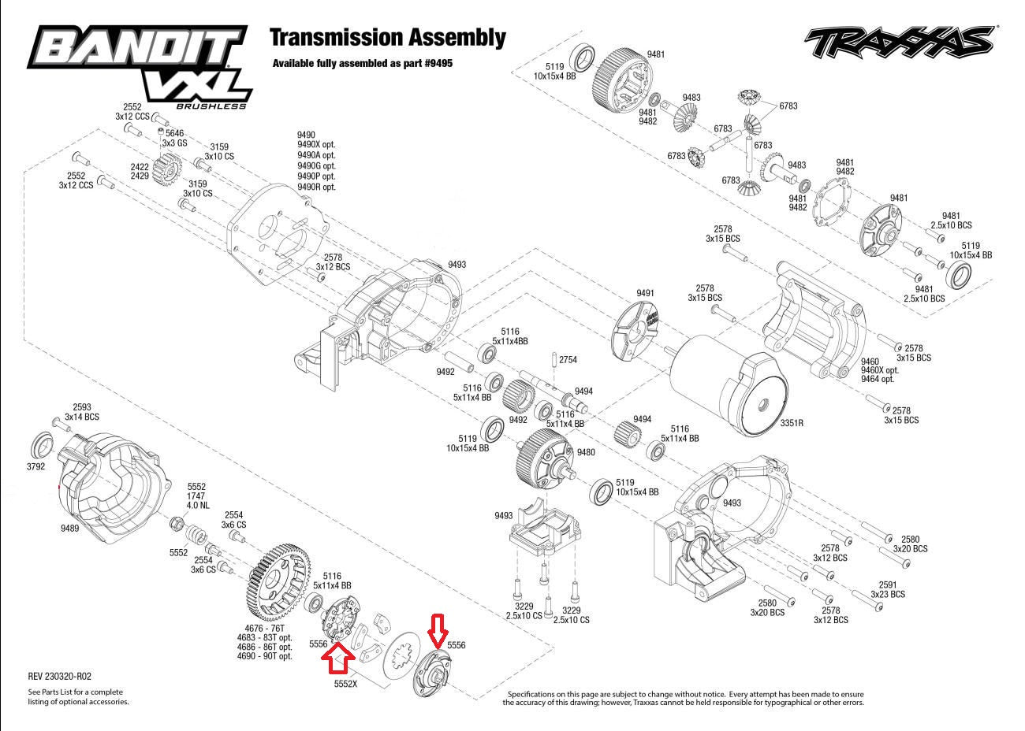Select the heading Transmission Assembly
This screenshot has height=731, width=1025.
(x=387, y=37)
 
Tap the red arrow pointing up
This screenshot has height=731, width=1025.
(x=340, y=657)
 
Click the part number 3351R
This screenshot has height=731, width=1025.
(x=791, y=423)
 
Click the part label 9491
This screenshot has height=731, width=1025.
(x=645, y=293)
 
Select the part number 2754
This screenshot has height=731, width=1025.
(x=568, y=360)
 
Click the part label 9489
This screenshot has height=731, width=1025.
(x=69, y=528)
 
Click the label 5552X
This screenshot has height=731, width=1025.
(x=345, y=684)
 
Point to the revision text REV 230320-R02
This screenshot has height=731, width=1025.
(x=60, y=676)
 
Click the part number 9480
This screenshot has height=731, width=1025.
(x=586, y=452)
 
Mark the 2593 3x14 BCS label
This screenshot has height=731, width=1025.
(x=82, y=411)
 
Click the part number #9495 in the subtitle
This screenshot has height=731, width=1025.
(x=438, y=63)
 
